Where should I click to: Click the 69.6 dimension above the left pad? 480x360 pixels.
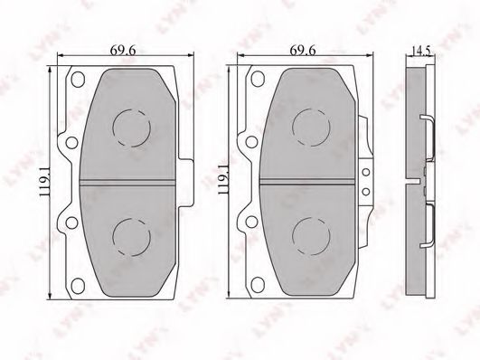point(122,51)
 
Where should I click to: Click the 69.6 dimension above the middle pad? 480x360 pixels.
point(303,51)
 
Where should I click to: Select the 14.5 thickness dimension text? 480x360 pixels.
point(421,51)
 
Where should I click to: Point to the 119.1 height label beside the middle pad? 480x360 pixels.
point(222,179)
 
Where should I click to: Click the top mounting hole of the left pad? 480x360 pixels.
point(78,79)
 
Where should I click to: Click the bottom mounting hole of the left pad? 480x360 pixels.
point(78,285)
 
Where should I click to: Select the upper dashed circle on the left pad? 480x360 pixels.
point(132,128)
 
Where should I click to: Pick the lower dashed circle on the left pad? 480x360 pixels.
point(132,237)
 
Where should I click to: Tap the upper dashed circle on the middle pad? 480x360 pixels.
point(311,128)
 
